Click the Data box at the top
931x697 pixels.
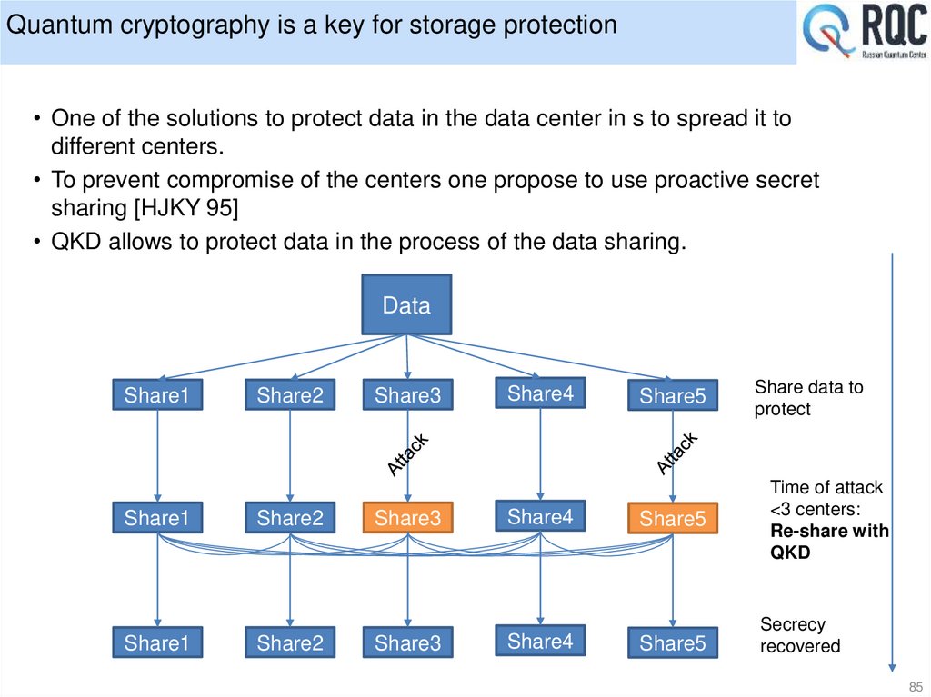point(406,305)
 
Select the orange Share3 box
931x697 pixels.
point(407,518)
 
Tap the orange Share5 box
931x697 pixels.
point(672,519)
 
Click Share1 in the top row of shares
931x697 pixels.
point(157,395)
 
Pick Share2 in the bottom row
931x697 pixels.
point(290,643)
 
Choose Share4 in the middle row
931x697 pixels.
point(540,516)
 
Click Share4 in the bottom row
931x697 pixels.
point(540,642)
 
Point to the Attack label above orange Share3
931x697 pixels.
point(407,455)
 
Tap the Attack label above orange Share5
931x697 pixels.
point(677,453)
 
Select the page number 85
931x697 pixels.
point(915,686)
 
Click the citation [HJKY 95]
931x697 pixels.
point(186,208)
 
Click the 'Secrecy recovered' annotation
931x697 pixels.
point(799,635)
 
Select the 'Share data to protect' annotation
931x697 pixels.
point(808,398)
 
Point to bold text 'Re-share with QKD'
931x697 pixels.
point(828,542)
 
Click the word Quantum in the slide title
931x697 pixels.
point(57,25)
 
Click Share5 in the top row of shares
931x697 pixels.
point(672,396)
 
